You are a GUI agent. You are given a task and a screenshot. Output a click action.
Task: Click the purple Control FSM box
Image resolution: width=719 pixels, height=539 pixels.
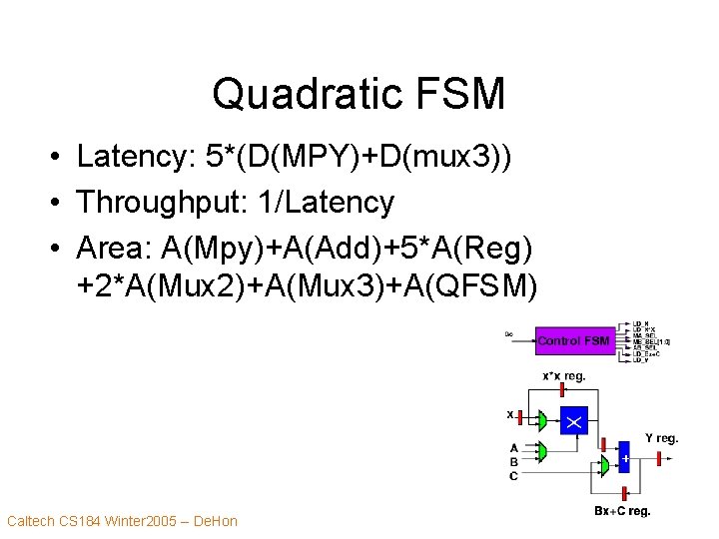click(573, 341)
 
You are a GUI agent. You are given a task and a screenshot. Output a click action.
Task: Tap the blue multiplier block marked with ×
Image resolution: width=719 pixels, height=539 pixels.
click(573, 421)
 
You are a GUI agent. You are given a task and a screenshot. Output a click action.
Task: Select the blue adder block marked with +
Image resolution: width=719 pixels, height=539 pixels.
click(624, 458)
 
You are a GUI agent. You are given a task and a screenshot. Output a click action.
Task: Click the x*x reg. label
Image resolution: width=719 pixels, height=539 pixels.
click(564, 376)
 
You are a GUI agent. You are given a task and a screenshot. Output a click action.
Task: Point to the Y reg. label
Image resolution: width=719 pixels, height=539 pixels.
click(661, 438)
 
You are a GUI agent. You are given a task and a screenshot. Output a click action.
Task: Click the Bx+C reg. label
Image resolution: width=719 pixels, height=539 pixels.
click(622, 511)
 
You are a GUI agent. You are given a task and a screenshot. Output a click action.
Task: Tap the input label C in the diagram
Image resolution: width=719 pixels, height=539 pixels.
click(514, 476)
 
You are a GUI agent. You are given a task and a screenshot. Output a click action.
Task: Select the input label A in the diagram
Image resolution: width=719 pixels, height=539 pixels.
click(514, 448)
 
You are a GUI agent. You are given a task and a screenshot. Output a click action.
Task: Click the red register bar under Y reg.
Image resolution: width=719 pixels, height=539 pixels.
click(660, 458)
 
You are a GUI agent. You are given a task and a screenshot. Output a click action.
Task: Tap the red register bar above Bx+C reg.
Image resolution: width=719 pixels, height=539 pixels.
click(623, 490)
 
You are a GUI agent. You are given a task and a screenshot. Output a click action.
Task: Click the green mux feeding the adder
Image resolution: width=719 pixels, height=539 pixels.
click(604, 465)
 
